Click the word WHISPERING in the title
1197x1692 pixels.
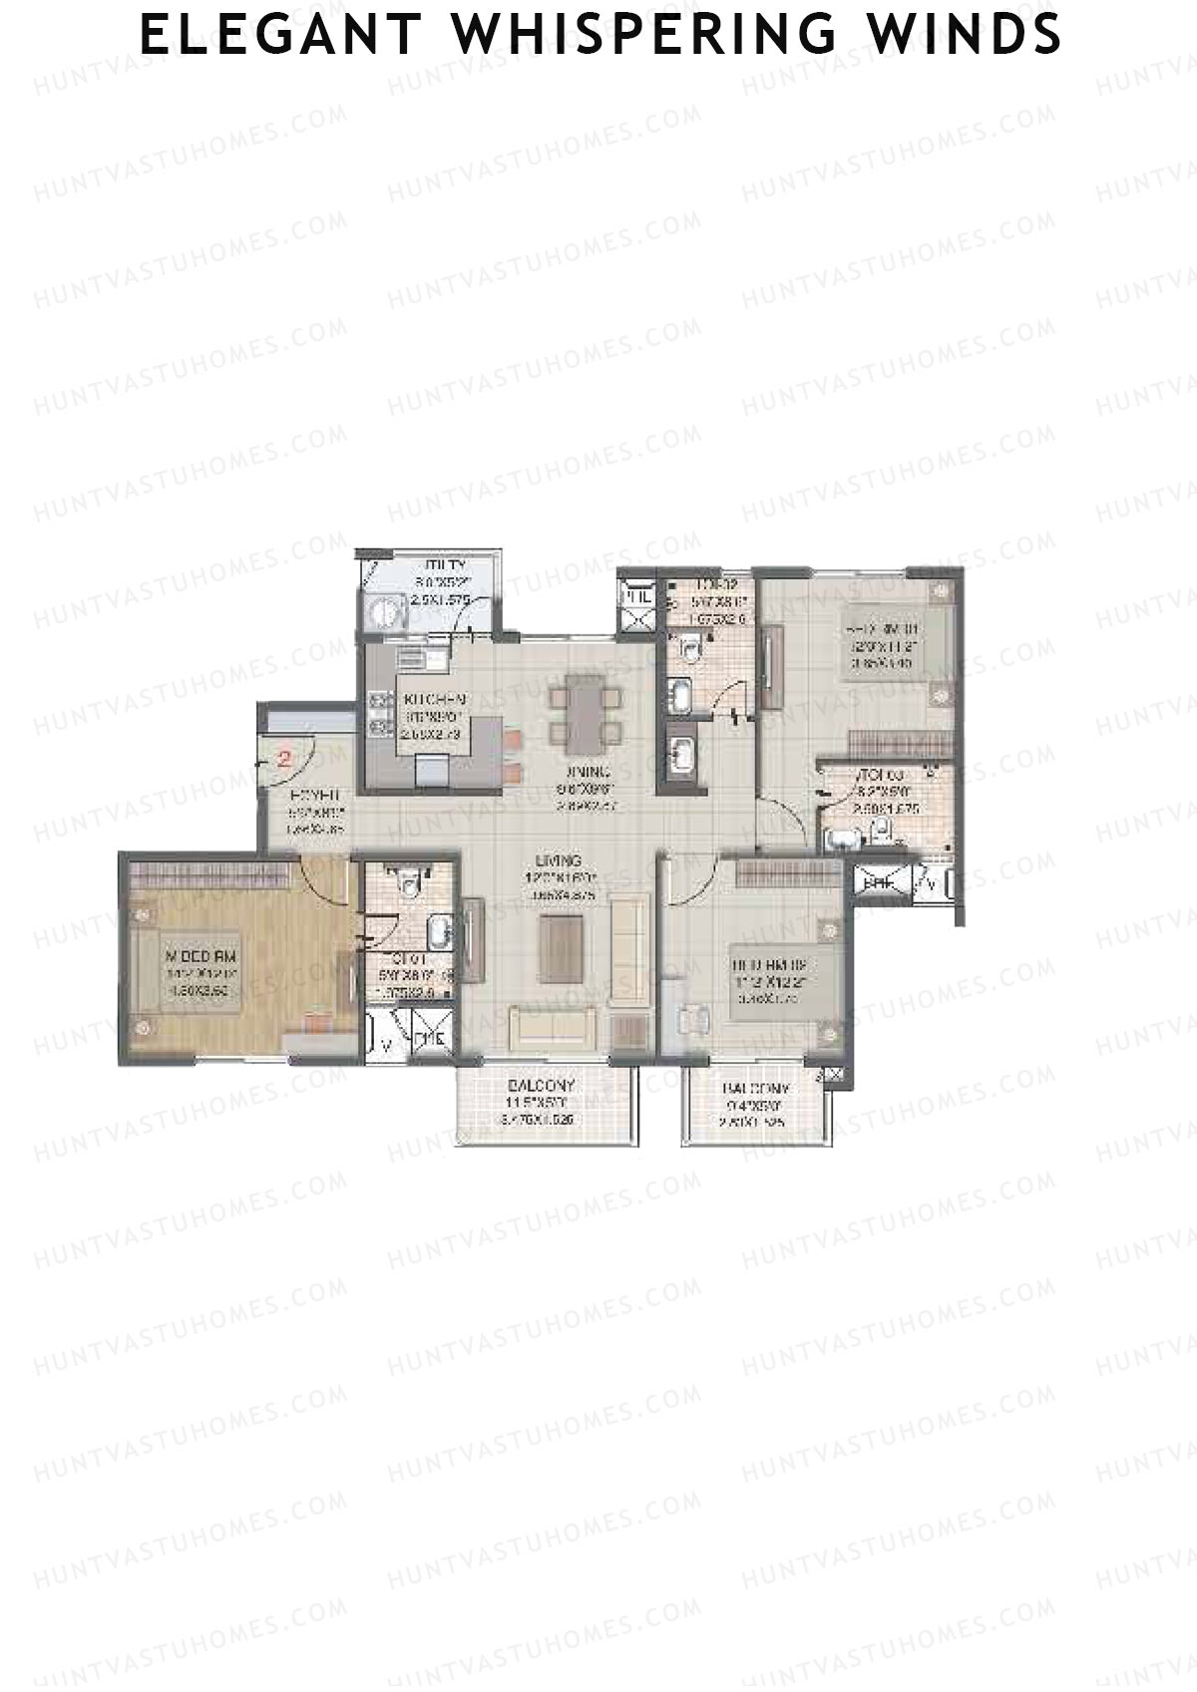pyautogui.click(x=645, y=36)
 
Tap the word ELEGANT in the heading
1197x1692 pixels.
pyautogui.click(x=278, y=36)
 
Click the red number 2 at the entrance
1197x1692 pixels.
pyautogui.click(x=284, y=758)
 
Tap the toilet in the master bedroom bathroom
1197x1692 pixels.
pyautogui.click(x=407, y=882)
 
